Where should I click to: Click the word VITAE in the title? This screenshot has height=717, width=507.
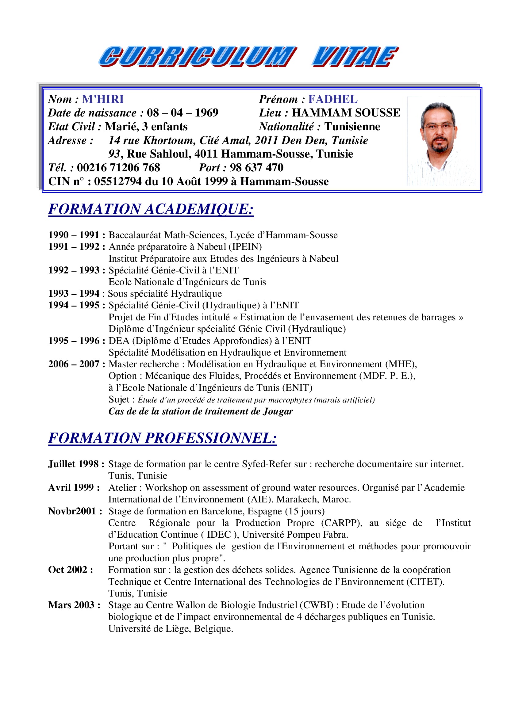pyautogui.click(x=355, y=56)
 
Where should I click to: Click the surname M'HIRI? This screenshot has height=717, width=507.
pyautogui.click(x=103, y=99)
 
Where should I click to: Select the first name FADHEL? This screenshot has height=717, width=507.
pyautogui.click(x=333, y=99)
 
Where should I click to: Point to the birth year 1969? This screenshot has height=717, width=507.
pyautogui.click(x=206, y=113)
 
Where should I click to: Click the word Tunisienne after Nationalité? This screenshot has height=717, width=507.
pyautogui.click(x=352, y=127)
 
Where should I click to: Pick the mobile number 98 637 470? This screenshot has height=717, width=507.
pyautogui.click(x=256, y=168)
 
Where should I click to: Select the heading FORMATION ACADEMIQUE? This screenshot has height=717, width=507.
pyautogui.click(x=151, y=209)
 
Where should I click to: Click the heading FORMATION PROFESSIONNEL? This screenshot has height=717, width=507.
pyautogui.click(x=162, y=438)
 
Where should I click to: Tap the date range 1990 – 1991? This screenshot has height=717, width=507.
pyautogui.click(x=74, y=235)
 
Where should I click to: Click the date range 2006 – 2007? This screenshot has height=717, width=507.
pyautogui.click(x=74, y=364)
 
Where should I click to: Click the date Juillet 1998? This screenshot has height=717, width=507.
pyautogui.click(x=73, y=464)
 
